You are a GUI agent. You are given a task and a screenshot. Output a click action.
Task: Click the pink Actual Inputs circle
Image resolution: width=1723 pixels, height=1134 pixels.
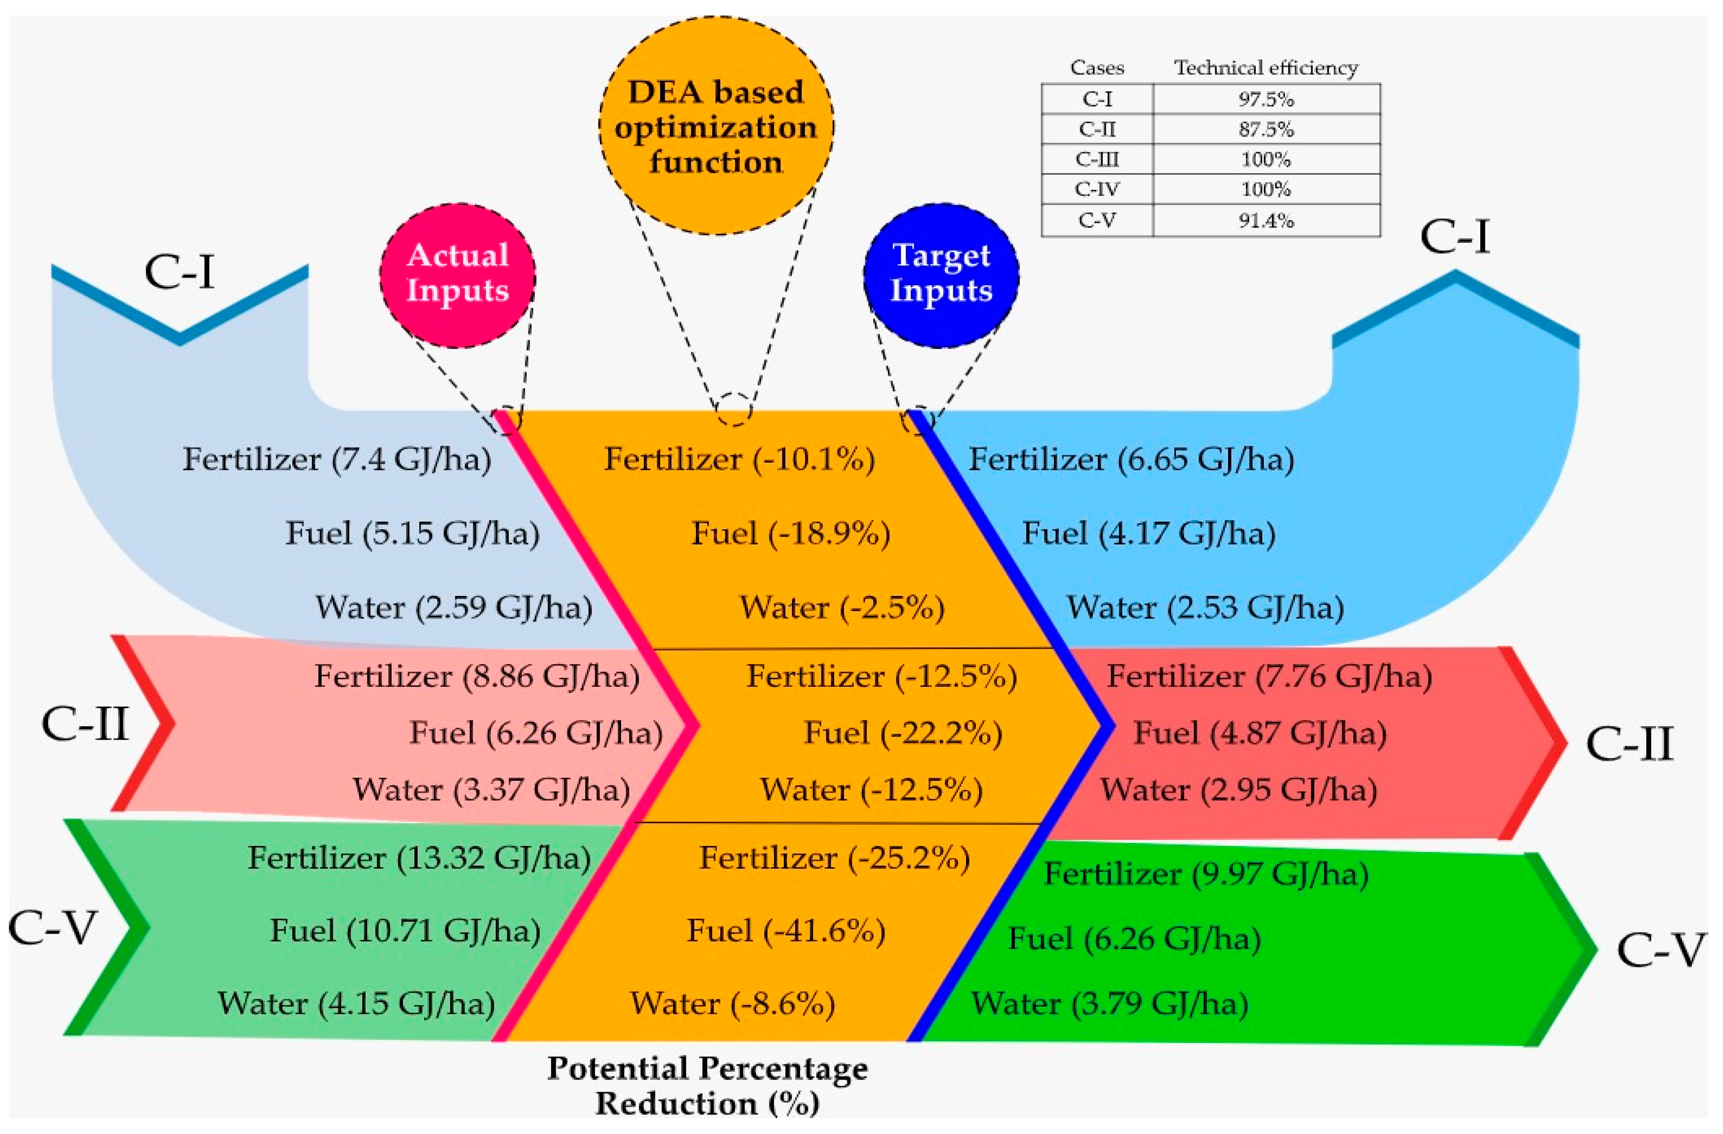pos(457,275)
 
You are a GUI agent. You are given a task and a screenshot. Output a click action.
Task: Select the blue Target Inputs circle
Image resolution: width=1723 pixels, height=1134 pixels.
pos(941,275)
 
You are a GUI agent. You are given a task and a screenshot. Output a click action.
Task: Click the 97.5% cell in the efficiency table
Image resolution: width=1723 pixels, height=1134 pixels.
pos(1266,99)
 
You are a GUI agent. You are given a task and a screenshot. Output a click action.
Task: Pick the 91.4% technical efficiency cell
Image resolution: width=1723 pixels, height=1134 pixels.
pos(1266,220)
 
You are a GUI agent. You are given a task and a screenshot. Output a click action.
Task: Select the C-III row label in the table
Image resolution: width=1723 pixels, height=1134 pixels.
pos(1097,159)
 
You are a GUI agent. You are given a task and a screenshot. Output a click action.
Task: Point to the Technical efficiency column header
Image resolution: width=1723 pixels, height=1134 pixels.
pos(1266,68)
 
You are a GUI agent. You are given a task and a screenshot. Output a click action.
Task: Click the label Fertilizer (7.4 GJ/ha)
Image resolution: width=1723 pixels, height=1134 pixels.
pos(336,459)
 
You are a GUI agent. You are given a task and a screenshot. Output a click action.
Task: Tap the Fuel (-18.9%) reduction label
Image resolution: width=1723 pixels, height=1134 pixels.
pos(790,534)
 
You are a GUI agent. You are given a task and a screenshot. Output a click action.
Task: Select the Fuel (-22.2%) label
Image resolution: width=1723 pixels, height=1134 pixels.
pos(903,733)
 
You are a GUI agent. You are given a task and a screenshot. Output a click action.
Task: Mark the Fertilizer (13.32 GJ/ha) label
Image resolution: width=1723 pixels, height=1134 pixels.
pos(419,858)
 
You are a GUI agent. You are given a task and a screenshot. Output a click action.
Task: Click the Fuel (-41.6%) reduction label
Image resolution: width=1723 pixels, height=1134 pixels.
pos(785,931)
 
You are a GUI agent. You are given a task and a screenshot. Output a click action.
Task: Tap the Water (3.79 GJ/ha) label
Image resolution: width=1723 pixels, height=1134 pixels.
pos(1109,1004)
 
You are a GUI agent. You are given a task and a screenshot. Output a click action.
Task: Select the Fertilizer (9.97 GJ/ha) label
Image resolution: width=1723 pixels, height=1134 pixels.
pos(1206,874)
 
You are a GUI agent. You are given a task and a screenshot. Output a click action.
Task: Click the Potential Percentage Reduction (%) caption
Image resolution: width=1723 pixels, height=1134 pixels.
pos(707,1086)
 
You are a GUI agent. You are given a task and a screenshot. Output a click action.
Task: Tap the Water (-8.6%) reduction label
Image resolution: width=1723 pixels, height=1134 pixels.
pos(733,1004)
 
